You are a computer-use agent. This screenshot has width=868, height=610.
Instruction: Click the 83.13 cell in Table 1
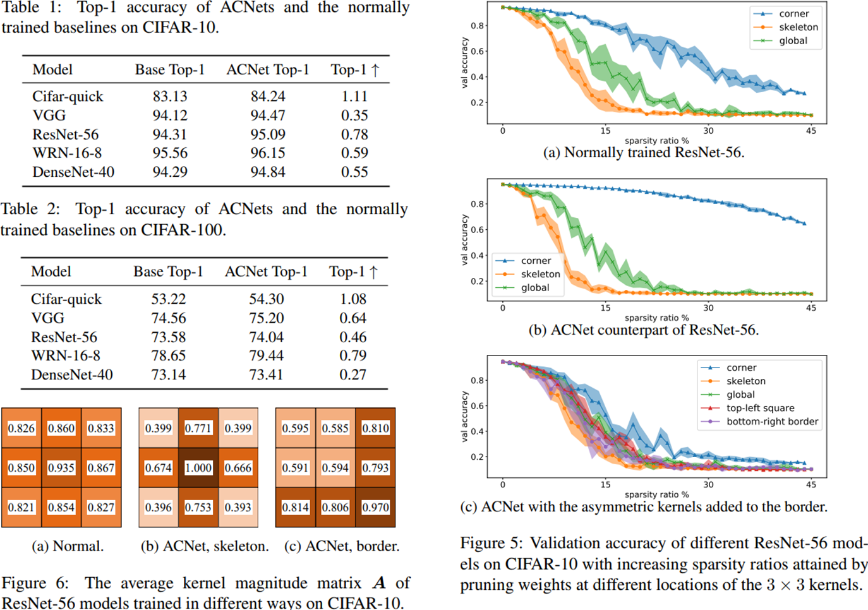(x=169, y=97)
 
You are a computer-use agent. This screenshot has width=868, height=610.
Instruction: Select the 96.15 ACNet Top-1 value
(x=267, y=153)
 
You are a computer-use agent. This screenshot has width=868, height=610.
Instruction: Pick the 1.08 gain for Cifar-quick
(x=353, y=299)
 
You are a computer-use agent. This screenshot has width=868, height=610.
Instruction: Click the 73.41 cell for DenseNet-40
(x=266, y=374)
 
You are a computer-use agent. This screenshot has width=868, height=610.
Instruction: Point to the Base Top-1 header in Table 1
(x=169, y=69)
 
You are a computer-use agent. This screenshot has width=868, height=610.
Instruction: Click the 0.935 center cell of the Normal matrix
(x=61, y=468)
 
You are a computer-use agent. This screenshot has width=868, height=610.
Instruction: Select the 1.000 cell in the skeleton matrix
(x=198, y=468)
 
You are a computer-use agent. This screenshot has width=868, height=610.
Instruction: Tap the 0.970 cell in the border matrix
(x=375, y=507)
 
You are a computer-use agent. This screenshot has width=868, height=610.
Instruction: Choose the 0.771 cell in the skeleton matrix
(x=198, y=428)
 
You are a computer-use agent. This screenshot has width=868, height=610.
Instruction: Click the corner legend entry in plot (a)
(x=793, y=14)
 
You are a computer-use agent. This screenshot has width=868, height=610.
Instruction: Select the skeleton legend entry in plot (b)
(x=540, y=274)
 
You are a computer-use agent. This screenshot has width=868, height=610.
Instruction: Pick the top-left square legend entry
(x=760, y=408)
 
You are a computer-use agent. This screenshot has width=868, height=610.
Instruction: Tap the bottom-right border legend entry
(x=772, y=421)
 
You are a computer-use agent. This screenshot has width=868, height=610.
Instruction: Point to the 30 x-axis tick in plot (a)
(x=709, y=131)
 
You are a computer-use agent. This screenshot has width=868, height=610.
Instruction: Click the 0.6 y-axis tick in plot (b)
(x=478, y=230)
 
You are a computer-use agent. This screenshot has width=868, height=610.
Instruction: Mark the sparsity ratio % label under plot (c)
(x=656, y=494)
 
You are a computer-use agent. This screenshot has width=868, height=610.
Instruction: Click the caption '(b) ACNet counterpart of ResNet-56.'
(x=643, y=330)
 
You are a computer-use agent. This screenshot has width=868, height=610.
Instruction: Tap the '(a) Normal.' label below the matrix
(x=68, y=546)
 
